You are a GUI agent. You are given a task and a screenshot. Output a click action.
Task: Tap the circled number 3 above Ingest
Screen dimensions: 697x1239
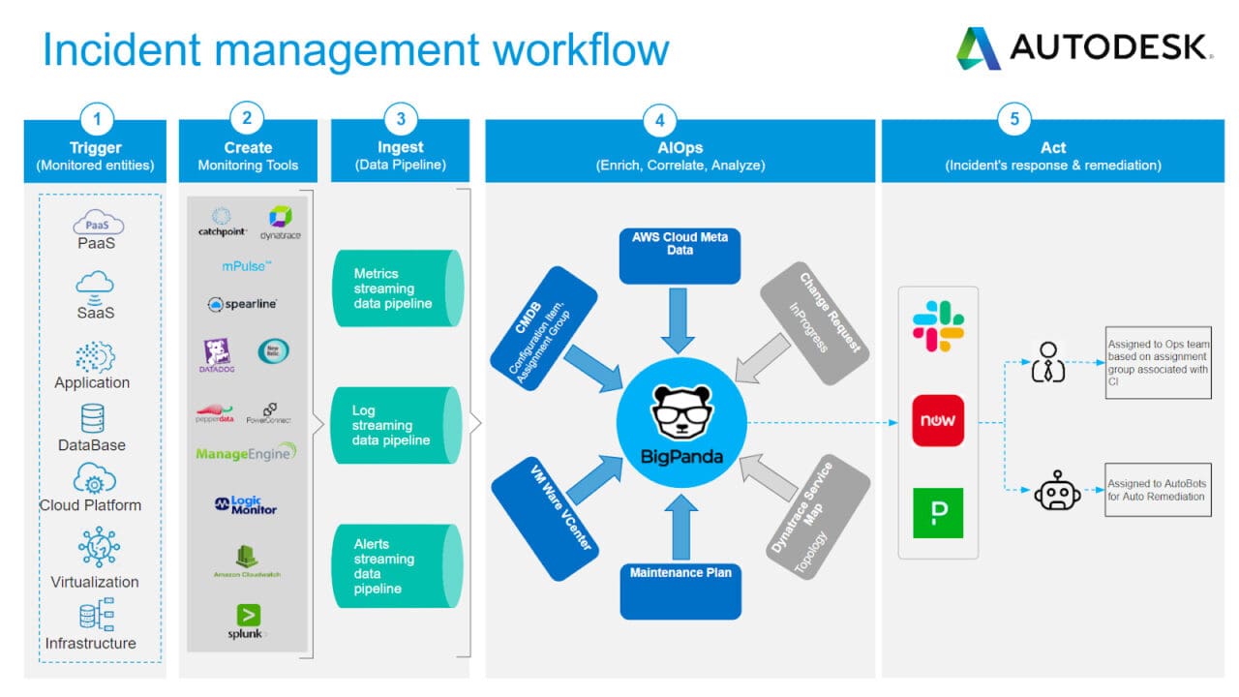tap(401, 120)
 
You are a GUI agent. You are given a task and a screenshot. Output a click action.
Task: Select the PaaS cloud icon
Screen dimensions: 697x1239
tap(97, 225)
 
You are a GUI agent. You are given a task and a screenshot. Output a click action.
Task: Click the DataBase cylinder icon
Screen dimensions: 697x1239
tap(94, 418)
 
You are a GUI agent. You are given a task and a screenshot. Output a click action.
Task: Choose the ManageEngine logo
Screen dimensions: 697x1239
tap(246, 453)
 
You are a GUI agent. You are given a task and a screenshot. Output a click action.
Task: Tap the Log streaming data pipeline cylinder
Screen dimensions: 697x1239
tap(398, 426)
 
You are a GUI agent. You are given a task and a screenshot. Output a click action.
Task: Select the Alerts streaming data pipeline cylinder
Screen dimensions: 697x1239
tap(398, 566)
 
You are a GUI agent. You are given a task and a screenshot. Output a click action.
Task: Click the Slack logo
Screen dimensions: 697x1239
tap(938, 325)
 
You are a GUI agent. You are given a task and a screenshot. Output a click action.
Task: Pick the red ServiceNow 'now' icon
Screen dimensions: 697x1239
tap(938, 421)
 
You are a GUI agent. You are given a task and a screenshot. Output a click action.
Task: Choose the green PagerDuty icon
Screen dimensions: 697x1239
tap(938, 513)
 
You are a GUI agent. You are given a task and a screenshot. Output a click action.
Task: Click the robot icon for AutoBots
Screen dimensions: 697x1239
tap(1057, 492)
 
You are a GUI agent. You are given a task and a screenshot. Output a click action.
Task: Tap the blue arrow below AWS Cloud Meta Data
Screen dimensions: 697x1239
tap(680, 325)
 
